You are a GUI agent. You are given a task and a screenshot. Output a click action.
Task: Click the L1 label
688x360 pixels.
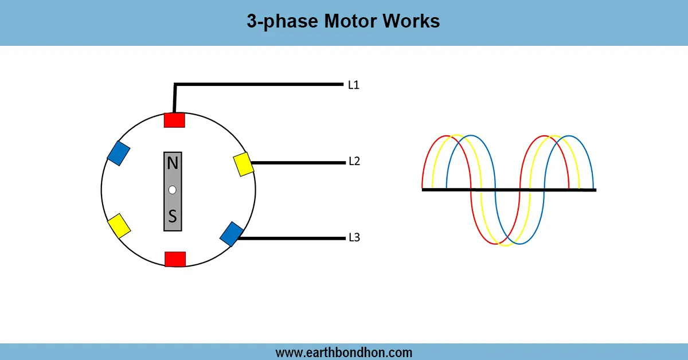click(x=354, y=85)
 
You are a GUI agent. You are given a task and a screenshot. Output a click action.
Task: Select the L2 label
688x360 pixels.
click(x=354, y=161)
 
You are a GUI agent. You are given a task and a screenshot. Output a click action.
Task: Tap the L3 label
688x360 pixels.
click(x=354, y=237)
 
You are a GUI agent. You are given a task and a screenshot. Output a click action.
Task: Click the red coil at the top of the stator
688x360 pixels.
click(x=174, y=120)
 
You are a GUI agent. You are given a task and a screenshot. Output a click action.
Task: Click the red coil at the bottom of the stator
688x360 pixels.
click(x=175, y=259)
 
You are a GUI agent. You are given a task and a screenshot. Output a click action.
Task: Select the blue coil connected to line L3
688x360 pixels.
click(x=232, y=234)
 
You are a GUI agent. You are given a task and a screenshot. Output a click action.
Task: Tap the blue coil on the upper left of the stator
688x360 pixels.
click(x=119, y=153)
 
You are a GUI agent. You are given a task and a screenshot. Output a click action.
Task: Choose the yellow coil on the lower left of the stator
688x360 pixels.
click(x=119, y=226)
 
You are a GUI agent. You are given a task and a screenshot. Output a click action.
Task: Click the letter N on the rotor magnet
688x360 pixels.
click(x=173, y=164)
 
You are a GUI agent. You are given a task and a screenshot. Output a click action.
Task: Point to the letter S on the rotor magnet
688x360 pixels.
click(x=173, y=217)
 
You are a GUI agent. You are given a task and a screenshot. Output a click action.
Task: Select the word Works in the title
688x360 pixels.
click(x=413, y=21)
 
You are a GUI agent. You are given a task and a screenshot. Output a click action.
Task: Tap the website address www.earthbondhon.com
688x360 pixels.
click(x=344, y=352)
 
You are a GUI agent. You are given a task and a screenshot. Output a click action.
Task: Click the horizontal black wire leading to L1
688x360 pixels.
click(x=258, y=85)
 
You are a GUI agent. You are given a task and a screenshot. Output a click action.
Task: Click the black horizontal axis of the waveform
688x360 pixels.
click(x=509, y=190)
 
